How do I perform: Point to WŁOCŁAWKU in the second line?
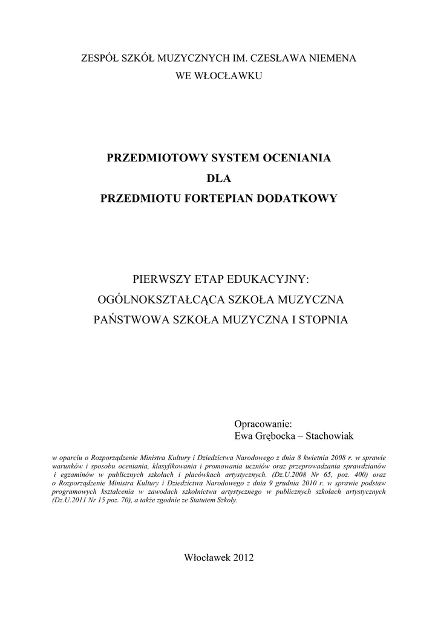pos(231,77)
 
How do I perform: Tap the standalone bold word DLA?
pos(219,178)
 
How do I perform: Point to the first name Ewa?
pos(243,435)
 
